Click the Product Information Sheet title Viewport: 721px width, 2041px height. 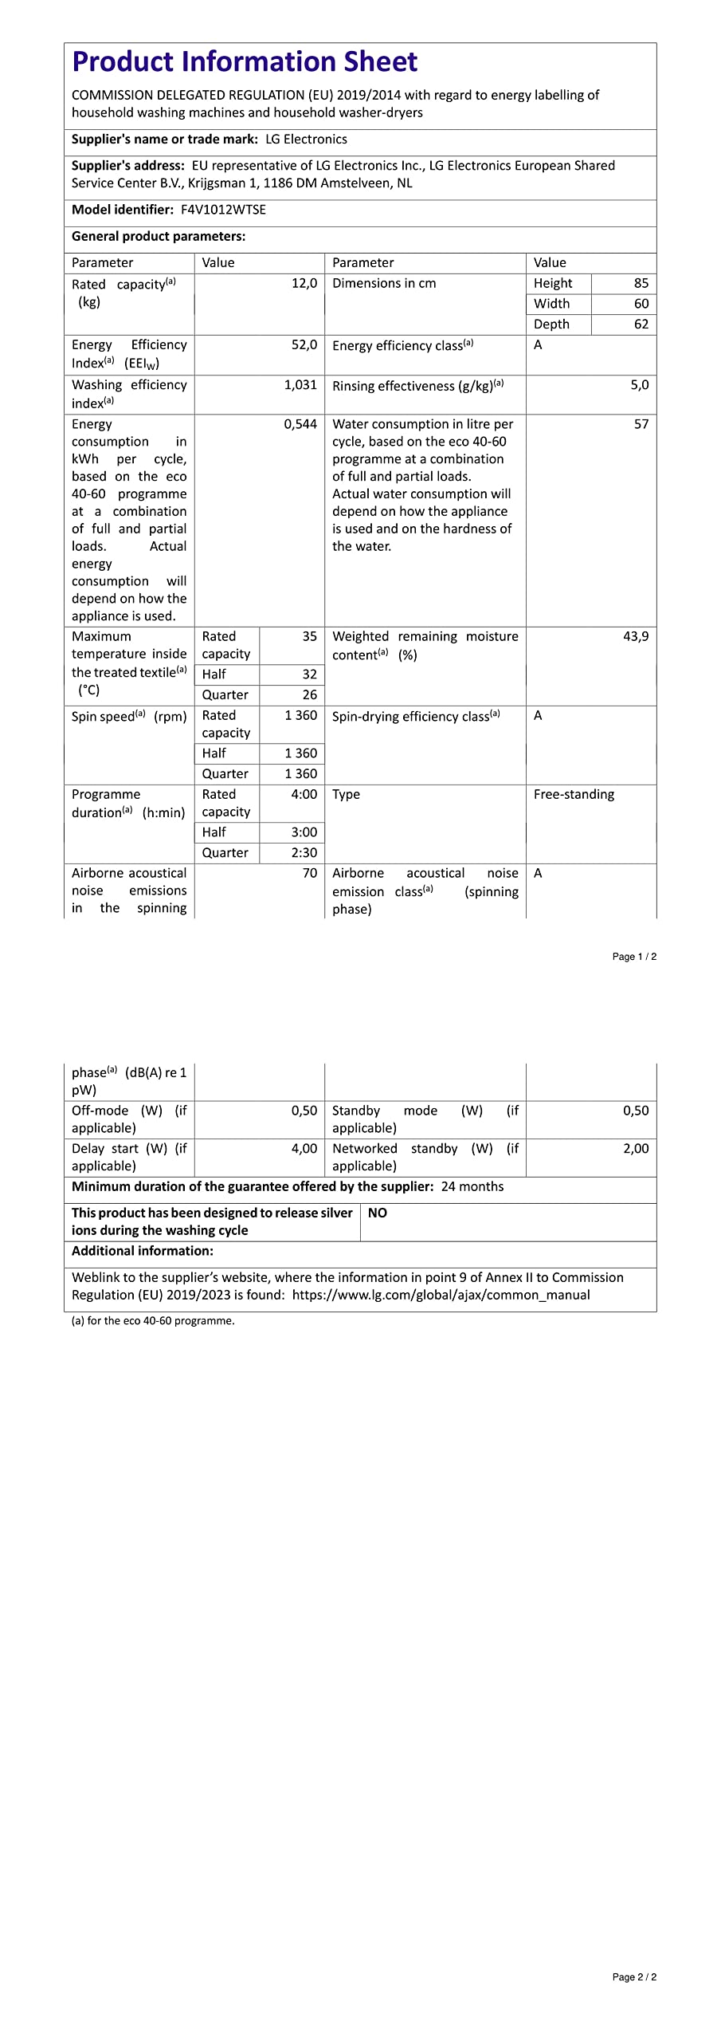(245, 61)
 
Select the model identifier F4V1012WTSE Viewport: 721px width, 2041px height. (223, 210)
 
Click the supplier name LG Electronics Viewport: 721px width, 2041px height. (306, 139)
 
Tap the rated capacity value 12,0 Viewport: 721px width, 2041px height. (304, 283)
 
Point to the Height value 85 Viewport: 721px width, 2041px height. (641, 283)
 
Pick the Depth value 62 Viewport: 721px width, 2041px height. (641, 324)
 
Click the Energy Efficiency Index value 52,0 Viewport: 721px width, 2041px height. (304, 344)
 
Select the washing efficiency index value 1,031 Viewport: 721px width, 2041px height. (300, 384)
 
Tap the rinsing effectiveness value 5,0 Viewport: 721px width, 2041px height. (639, 384)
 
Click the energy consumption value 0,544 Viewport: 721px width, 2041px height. (300, 424)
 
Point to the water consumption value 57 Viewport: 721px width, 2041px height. (641, 424)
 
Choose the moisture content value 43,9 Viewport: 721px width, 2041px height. (636, 636)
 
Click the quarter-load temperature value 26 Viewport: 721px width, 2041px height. (309, 694)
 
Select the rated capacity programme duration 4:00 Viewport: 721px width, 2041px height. (304, 794)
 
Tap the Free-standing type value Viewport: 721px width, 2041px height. (574, 794)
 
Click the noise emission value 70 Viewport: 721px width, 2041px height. (309, 873)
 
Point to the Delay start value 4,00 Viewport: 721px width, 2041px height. (304, 1148)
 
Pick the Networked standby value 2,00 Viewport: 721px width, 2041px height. (636, 1148)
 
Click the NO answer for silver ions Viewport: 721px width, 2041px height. (378, 1213)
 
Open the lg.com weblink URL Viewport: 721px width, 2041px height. (441, 1295)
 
